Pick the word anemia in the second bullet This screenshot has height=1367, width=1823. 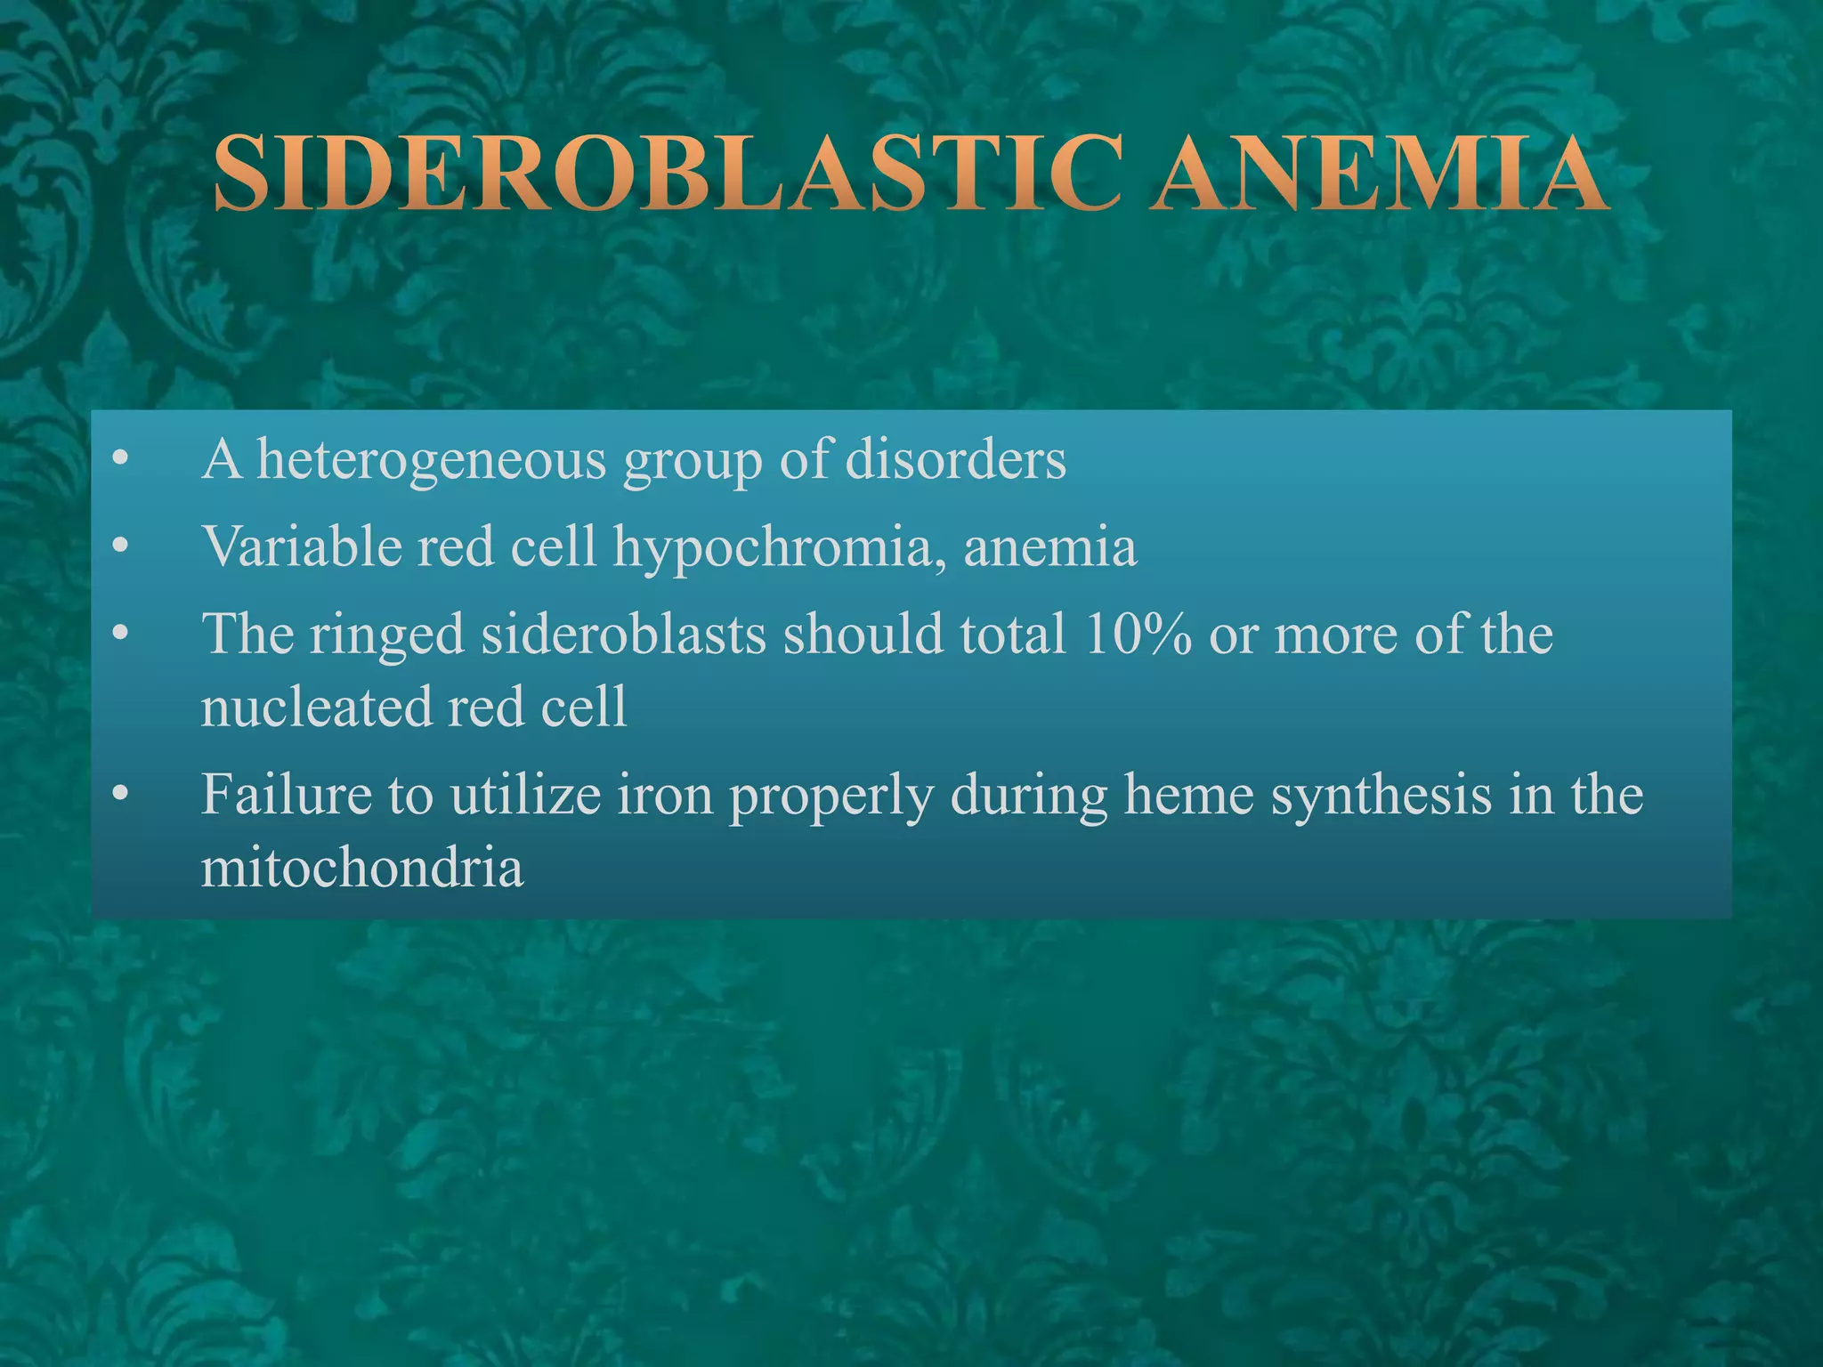pyautogui.click(x=1049, y=546)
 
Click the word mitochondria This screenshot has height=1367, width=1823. pyautogui.click(x=362, y=867)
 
